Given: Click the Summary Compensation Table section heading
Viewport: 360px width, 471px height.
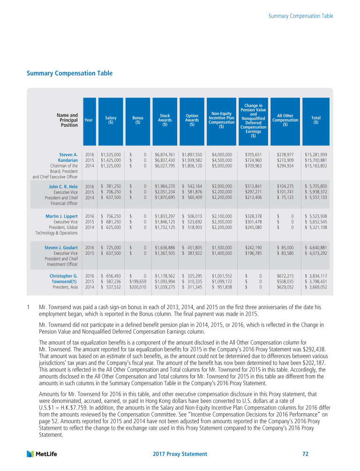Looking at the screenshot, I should (x=69, y=73).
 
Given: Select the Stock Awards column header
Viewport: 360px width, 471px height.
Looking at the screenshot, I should (x=165, y=120).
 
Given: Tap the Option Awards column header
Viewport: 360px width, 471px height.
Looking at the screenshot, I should (x=192, y=120).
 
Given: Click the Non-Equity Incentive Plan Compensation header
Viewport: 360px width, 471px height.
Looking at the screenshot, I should (x=221, y=120).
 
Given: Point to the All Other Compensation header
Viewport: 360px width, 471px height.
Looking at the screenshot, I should (x=285, y=120).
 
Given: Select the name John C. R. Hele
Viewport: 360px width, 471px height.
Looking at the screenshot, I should (x=63, y=186).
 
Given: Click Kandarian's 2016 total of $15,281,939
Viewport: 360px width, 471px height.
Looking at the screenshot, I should (x=315, y=154).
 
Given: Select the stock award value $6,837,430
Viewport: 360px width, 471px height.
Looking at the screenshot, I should (x=165, y=160).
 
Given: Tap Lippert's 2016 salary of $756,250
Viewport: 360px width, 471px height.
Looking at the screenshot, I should (x=111, y=216).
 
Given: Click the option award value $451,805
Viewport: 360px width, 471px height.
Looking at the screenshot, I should (x=192, y=247).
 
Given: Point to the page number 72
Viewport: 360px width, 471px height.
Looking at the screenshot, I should (x=305, y=454).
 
